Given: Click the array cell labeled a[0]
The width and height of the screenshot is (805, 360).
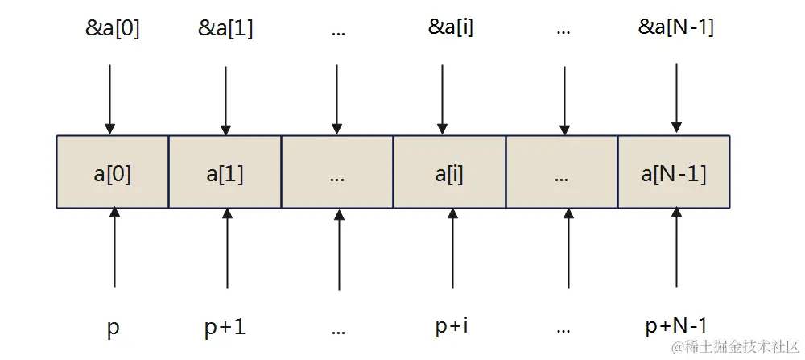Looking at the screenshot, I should pos(112,172).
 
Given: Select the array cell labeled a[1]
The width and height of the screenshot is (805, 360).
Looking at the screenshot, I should pos(225,172).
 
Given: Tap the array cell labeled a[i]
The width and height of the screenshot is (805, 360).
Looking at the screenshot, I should pos(449,172).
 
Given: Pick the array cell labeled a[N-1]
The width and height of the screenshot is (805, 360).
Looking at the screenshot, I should pos(674,172).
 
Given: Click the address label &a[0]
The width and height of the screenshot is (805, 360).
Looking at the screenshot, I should pos(113,28).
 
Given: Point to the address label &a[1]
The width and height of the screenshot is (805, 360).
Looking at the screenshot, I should pos(225,28).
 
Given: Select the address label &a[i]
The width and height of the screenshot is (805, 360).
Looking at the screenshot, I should pos(451,28).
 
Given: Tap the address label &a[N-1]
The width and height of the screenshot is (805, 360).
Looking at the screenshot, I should pos(676,28).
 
